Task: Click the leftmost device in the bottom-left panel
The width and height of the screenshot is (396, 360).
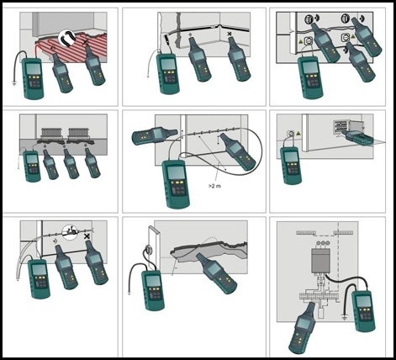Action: [x=38, y=278]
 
